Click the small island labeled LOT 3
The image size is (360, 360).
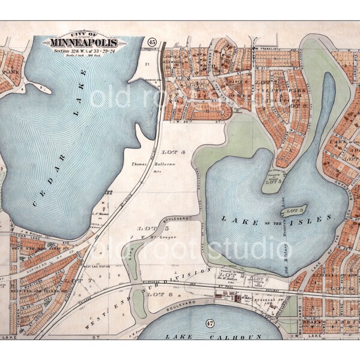[x=293, y=211]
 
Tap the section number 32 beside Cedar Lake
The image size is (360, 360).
[x=109, y=193]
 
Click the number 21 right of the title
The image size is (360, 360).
[x=145, y=62]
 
